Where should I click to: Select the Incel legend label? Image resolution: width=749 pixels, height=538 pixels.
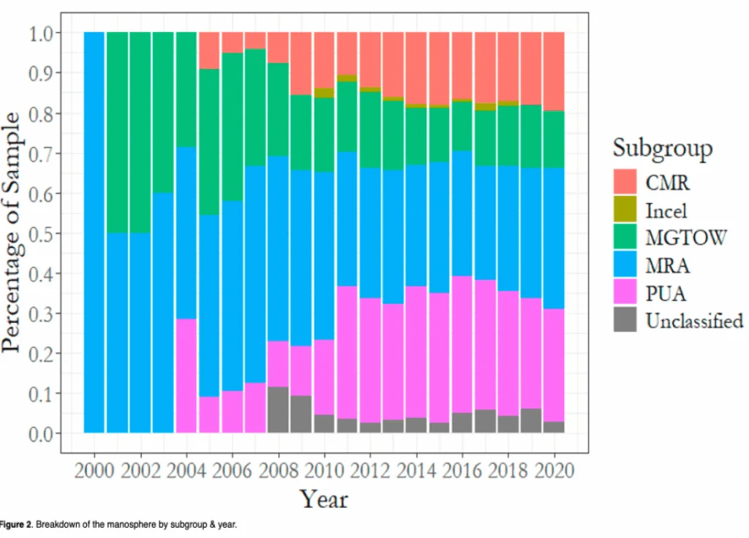(x=666, y=211)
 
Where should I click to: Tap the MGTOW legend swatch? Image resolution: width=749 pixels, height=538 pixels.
(x=625, y=238)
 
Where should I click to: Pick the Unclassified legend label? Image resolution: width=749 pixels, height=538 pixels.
(x=694, y=320)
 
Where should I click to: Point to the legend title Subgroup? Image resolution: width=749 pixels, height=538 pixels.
(x=663, y=148)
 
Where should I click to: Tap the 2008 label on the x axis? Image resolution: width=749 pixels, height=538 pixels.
(x=277, y=469)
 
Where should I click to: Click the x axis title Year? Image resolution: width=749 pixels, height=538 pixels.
(x=323, y=499)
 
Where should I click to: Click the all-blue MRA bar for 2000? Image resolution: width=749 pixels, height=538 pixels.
(x=94, y=232)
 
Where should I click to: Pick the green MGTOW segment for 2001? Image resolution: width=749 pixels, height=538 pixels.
(x=117, y=132)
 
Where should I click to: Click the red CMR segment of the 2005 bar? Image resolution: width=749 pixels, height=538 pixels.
(x=209, y=50)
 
